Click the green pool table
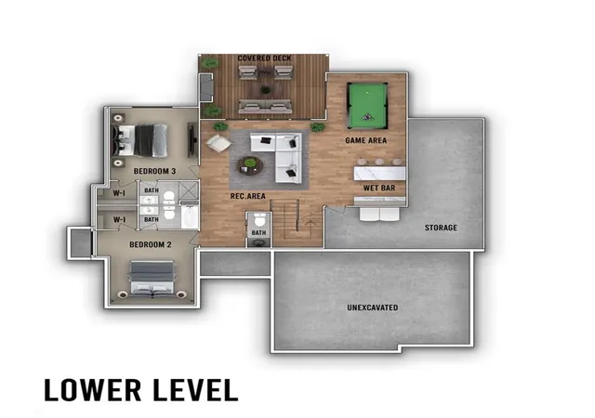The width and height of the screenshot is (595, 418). [367, 106]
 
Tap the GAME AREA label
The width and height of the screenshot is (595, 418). [365, 140]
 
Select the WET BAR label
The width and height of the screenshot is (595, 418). [379, 188]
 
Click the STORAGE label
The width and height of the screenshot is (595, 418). [441, 228]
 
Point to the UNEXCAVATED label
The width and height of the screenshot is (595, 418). [373, 307]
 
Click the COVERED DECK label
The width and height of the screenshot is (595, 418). [264, 58]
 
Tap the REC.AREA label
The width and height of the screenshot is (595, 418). [248, 196]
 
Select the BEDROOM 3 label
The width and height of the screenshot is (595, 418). [154, 171]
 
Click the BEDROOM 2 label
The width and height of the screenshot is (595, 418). [151, 244]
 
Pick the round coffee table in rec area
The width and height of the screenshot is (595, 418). [250, 165]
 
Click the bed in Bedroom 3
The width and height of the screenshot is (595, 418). [139, 140]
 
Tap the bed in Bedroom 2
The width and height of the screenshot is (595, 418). [152, 278]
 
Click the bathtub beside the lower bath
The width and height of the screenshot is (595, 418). [190, 216]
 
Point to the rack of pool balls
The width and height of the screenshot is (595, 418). [367, 117]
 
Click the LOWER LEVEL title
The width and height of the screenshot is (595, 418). [141, 389]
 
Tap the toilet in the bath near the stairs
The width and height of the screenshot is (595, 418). [259, 219]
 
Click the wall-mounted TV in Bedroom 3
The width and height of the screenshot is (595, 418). [192, 139]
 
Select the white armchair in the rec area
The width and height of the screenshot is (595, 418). [218, 143]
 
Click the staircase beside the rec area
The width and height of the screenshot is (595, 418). [296, 222]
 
